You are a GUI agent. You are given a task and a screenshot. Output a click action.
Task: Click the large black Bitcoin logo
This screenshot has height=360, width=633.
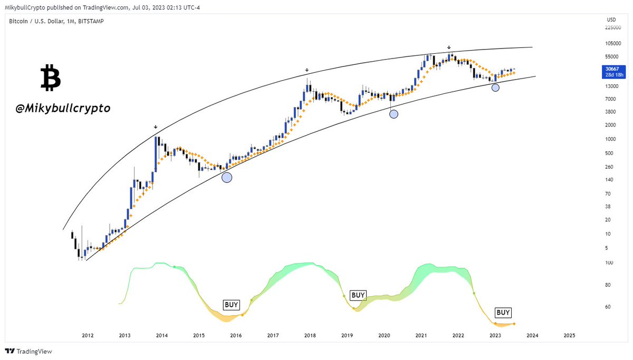point(51,78)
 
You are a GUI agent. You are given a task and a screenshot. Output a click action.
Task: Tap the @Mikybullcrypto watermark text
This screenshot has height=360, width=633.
point(63,108)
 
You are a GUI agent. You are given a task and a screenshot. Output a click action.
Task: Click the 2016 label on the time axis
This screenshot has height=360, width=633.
point(236,335)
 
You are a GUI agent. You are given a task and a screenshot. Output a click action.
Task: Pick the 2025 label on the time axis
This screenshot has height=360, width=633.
point(569,335)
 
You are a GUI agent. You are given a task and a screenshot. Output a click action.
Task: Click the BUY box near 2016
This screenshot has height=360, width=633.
point(232,305)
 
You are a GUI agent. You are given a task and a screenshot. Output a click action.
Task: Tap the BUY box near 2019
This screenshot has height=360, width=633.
point(358,295)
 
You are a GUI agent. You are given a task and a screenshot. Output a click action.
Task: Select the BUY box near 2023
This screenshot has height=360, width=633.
point(503,313)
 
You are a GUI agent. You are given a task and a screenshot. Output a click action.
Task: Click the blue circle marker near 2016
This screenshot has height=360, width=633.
point(227,178)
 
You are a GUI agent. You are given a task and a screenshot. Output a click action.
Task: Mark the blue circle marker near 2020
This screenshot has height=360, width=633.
point(394,113)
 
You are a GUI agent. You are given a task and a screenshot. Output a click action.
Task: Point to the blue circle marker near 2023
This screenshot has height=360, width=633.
point(495,87)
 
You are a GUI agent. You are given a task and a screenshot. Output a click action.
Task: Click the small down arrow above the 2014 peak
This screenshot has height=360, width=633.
point(156,127)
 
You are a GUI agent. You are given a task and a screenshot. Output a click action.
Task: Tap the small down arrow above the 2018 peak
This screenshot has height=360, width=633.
point(306,70)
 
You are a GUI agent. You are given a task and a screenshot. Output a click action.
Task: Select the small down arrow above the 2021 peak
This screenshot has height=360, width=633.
point(449,47)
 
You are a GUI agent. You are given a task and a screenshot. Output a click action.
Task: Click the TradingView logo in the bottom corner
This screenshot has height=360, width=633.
point(29,352)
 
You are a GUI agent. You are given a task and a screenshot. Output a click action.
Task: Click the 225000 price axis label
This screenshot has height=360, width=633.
point(612,27)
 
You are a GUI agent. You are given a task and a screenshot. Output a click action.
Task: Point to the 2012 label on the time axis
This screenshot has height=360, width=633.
point(88,335)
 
